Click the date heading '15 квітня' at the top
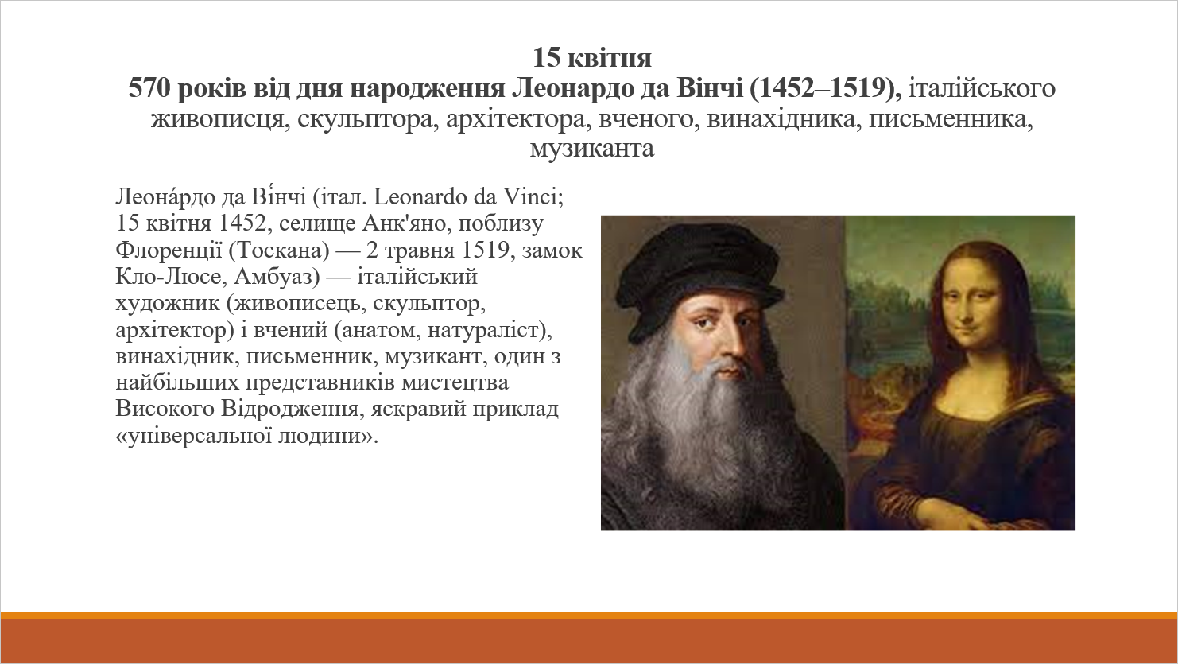click(x=592, y=58)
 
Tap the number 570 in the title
click(x=149, y=87)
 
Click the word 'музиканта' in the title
click(x=592, y=149)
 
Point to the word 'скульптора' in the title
click(x=368, y=119)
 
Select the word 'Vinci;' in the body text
click(x=533, y=197)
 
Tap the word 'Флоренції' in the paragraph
click(x=169, y=250)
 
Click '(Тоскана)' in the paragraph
click(x=280, y=250)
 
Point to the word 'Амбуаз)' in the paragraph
click(x=277, y=277)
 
